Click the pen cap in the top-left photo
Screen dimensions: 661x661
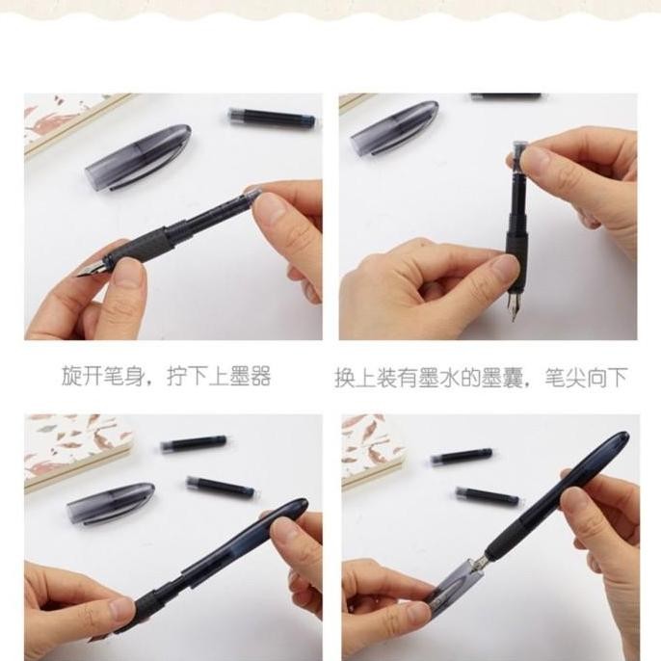[x=138, y=155]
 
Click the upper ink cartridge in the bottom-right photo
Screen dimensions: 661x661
[x=462, y=455]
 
